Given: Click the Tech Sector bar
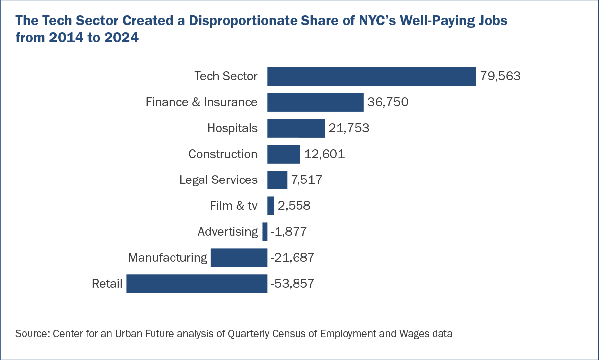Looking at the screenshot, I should [371, 76].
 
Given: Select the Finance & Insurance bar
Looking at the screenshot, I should [315, 102].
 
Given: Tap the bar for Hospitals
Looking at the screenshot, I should [296, 128].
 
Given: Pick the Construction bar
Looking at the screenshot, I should [284, 154].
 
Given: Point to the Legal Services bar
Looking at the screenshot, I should [277, 180].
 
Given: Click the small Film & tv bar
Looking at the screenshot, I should [271, 206].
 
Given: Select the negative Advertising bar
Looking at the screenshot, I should [265, 232].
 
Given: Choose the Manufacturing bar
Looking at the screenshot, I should [239, 258].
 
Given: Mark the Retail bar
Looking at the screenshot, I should [197, 284].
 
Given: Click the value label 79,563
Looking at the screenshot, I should [500, 76].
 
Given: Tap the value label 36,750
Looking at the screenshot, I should [388, 102].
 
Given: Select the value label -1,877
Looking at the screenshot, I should [288, 232].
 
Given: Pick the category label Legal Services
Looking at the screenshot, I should [219, 180].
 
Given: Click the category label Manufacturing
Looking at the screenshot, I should [167, 258].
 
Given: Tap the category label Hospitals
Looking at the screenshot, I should [233, 128].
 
